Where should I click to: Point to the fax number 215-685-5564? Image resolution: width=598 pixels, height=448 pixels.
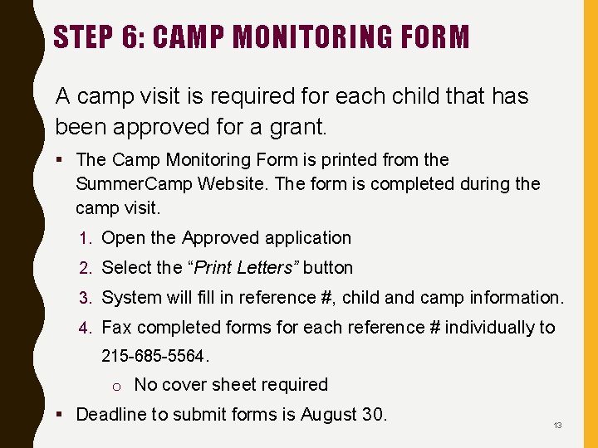click(154, 356)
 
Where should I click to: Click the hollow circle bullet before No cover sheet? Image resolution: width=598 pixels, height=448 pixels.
click(118, 386)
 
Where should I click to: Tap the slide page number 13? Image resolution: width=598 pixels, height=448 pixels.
click(557, 426)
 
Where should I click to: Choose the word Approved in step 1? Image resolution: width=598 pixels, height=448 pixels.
click(220, 238)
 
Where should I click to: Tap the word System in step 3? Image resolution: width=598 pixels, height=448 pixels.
click(131, 297)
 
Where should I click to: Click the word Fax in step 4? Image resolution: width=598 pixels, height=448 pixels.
click(116, 327)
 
